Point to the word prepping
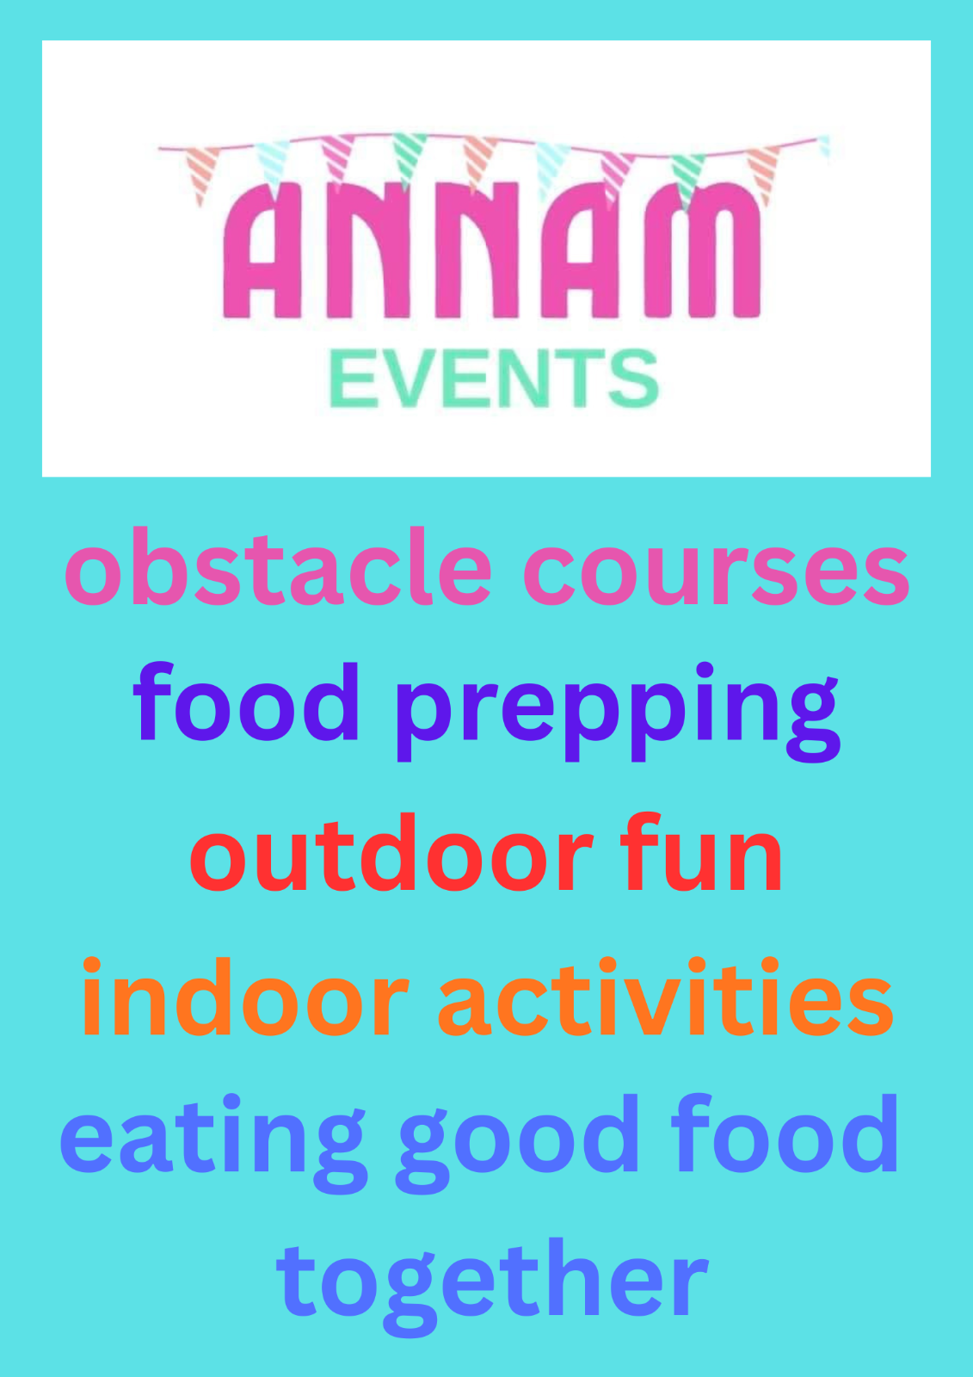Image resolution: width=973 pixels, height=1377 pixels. tap(618, 712)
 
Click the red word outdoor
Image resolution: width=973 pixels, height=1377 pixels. tap(391, 851)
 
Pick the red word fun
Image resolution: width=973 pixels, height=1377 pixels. tap(701, 851)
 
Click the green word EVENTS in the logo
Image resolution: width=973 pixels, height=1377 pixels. tap(494, 378)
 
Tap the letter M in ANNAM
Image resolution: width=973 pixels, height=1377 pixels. tap(702, 250)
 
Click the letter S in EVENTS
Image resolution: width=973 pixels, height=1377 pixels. tap(634, 378)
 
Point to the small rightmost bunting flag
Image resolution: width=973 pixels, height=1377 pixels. tap(824, 146)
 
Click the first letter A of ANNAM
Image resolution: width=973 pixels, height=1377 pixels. tap(262, 250)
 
